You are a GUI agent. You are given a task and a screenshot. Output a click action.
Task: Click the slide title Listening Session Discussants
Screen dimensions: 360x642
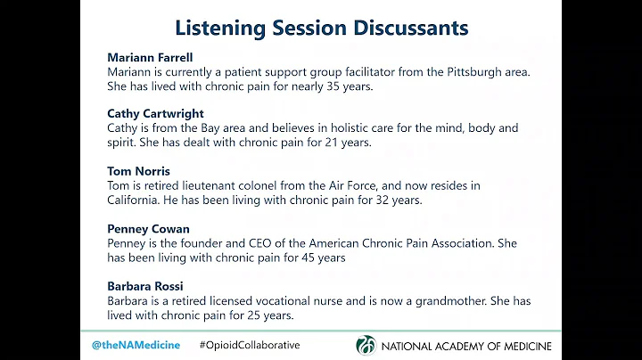coord(321,28)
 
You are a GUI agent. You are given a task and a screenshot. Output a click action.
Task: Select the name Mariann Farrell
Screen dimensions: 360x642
coord(151,57)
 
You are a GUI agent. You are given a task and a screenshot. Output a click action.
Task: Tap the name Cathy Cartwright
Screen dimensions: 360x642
coord(155,113)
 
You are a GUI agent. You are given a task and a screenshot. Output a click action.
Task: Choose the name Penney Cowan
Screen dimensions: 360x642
coord(148,228)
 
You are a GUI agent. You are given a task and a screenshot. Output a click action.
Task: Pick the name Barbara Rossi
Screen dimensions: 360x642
coord(146,285)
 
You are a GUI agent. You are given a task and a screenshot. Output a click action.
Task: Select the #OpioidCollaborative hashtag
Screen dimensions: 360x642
coord(250,345)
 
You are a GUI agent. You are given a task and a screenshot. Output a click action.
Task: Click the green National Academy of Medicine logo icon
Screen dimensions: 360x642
coord(366,345)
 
